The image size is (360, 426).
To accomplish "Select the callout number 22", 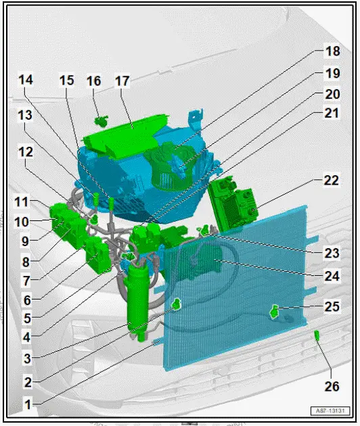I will [331, 181].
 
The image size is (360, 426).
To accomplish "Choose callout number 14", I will [25, 80].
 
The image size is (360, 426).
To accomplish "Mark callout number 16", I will [94, 81].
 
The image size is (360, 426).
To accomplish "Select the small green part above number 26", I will [317, 334].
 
